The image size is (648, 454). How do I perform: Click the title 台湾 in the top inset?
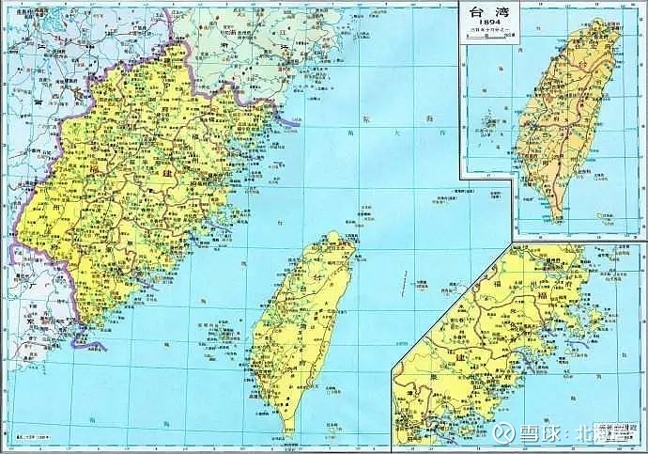point(486,15)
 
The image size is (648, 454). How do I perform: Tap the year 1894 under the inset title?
point(486,26)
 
